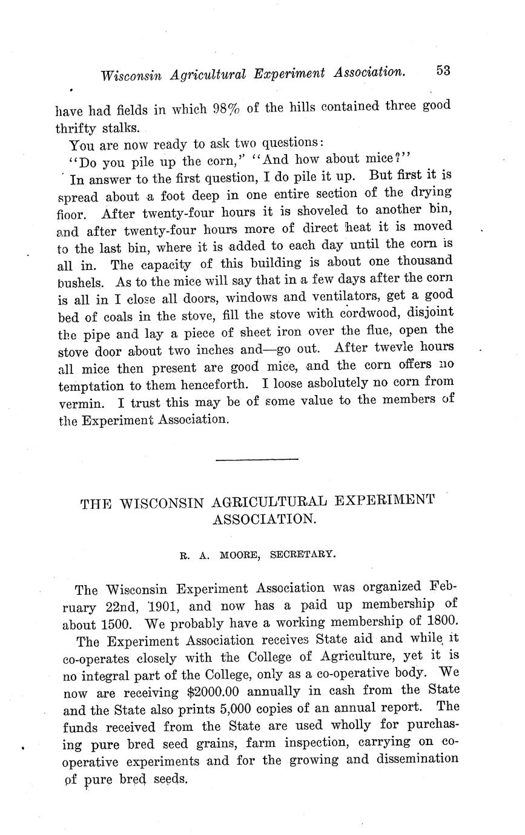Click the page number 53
coord(443,70)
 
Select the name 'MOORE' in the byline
coord(239,554)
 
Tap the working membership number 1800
coord(439,621)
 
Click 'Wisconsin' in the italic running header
coord(131,75)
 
